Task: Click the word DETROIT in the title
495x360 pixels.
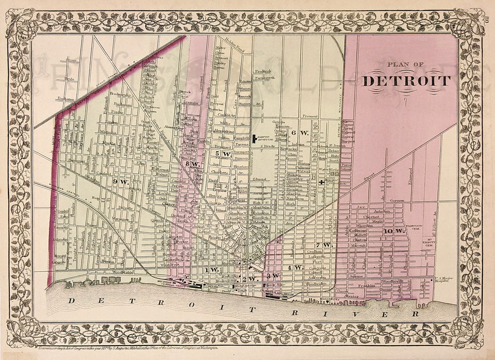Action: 406,81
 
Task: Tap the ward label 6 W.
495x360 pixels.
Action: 300,133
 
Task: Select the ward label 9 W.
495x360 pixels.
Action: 120,181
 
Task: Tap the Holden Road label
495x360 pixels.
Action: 235,42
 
